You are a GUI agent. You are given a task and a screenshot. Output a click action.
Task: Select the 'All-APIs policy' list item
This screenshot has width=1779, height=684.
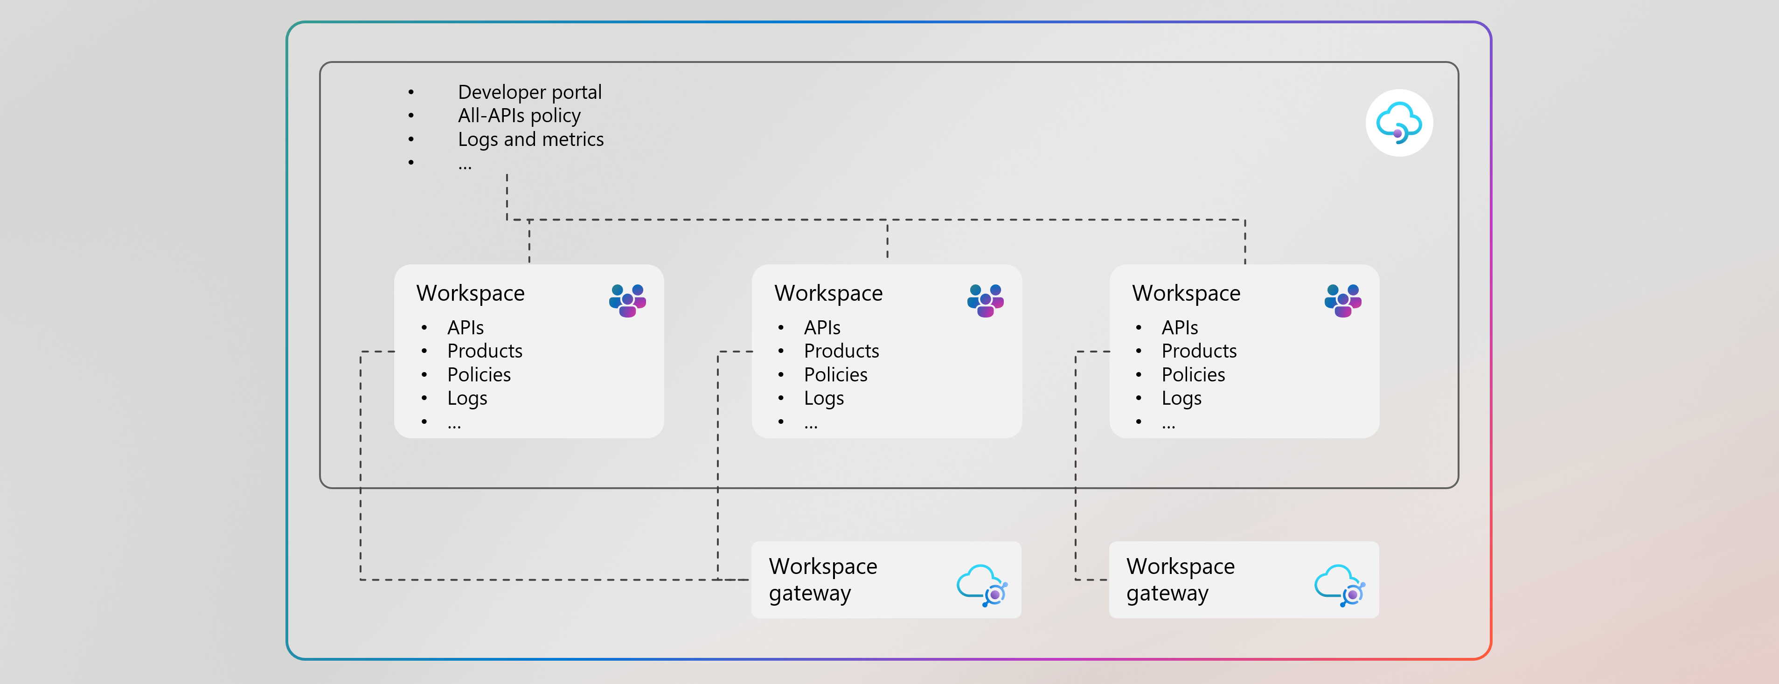pos(519,115)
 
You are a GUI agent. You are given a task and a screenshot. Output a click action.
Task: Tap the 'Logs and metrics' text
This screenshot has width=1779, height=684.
pos(530,139)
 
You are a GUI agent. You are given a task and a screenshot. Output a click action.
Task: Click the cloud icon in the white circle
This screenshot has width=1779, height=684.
pos(1398,123)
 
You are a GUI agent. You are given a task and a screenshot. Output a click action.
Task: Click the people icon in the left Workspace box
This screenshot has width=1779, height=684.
pos(627,300)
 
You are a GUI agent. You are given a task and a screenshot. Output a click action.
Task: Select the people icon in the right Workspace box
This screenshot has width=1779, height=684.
pos(1342,300)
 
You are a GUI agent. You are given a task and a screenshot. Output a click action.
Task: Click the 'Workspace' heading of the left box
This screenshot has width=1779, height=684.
pos(470,293)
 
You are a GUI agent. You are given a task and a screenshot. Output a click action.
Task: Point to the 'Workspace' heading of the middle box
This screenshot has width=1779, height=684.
pos(828,293)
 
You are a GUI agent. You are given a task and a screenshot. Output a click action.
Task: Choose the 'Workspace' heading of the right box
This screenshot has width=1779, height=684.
pos(1186,293)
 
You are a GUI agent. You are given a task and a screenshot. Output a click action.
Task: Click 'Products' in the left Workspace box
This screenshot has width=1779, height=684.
pos(484,351)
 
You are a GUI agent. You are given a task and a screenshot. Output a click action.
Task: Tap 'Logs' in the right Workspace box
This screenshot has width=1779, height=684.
pos(1181,398)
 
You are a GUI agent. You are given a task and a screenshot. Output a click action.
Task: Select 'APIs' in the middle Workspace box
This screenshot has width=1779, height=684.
pos(822,328)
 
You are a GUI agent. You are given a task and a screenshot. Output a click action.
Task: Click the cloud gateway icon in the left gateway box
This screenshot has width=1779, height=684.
pos(982,585)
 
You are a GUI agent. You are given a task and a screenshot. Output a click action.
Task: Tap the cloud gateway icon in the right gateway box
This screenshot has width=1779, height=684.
pos(1339,585)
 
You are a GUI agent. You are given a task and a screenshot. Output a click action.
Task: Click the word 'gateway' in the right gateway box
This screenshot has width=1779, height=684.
pos(1167,594)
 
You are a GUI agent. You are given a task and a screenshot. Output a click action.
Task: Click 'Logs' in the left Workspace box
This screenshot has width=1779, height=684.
pos(467,398)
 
